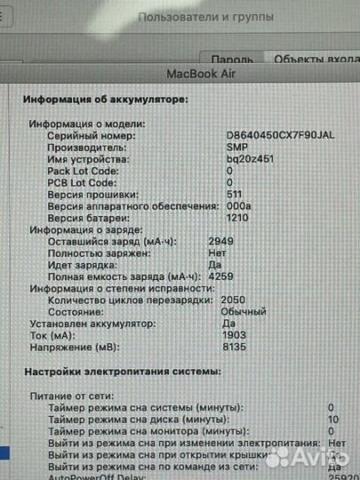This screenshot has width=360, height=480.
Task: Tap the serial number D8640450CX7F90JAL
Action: tap(281, 136)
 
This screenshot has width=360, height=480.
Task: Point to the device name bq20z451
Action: tap(249, 159)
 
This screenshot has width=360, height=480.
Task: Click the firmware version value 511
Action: tap(235, 194)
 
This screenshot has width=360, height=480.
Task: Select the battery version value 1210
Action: tap(236, 217)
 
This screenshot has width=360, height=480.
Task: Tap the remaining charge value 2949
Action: tap(221, 241)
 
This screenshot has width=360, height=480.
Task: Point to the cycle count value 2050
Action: tap(232, 300)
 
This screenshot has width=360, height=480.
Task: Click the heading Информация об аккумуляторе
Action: tap(106, 100)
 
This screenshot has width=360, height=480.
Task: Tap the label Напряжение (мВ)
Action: tap(70, 348)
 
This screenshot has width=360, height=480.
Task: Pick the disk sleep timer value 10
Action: tap(332, 418)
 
